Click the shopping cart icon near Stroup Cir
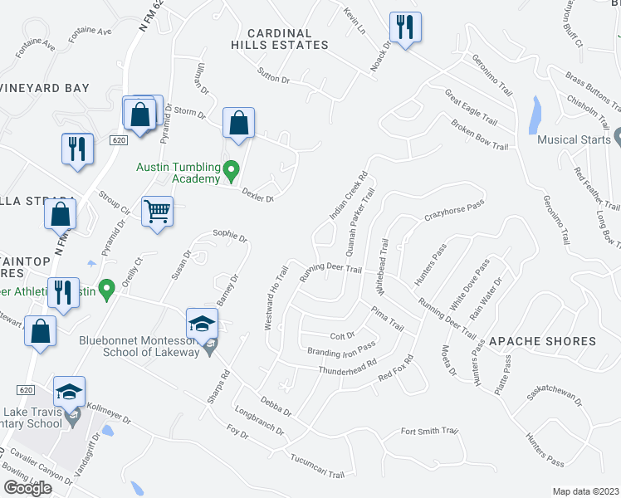(x=156, y=212)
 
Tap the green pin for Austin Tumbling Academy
(x=232, y=173)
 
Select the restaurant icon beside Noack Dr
(x=405, y=27)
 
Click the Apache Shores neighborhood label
(x=542, y=341)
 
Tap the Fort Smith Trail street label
(x=429, y=431)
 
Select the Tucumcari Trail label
(x=317, y=467)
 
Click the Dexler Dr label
(x=257, y=194)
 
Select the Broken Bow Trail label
(x=479, y=134)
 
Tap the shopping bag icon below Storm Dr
(x=238, y=124)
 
